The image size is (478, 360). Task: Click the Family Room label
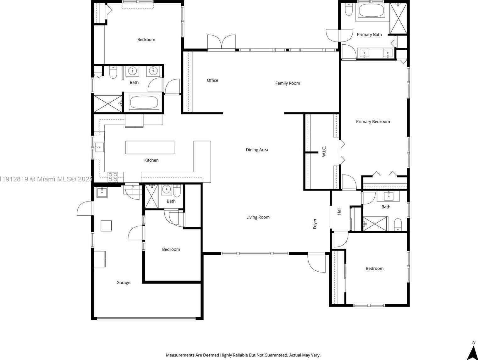coord(288,83)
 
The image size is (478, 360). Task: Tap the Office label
coord(212,80)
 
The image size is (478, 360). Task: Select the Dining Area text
coord(257,150)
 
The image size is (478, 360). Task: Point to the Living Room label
coord(258,217)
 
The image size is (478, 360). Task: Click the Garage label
coord(123,283)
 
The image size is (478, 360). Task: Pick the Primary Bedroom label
coord(373,122)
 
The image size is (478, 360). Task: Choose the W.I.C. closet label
coord(324,151)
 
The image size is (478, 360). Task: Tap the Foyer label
coord(315,224)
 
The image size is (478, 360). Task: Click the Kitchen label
coord(151,160)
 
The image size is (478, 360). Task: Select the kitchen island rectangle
coord(150,147)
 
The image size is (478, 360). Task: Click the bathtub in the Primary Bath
coord(371,11)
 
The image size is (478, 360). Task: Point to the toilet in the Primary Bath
coord(349,9)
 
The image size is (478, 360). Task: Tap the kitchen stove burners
coord(113,177)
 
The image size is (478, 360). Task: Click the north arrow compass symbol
coord(472,352)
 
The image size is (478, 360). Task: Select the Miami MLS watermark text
coord(46,179)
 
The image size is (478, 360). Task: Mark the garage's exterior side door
coord(85,208)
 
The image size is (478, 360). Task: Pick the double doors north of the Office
coord(221,42)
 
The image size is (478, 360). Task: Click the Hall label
coord(339,211)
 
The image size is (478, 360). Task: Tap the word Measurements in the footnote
coord(180,355)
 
